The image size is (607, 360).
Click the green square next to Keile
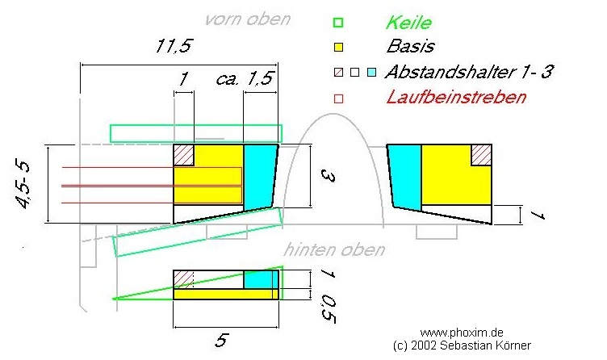click(x=339, y=23)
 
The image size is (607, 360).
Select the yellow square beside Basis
click(x=339, y=47)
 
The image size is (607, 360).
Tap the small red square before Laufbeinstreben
click(x=339, y=98)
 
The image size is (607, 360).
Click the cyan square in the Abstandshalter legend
click(x=371, y=73)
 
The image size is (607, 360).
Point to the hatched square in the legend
click(x=339, y=73)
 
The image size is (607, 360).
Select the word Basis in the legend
click(x=410, y=46)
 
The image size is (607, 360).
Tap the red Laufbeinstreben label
click(x=456, y=97)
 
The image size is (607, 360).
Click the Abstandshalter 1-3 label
click(x=468, y=72)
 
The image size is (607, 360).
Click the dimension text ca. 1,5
click(x=245, y=79)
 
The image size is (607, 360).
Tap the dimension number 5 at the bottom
click(x=220, y=340)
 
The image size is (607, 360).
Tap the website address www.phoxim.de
click(x=463, y=332)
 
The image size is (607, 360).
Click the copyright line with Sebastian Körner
click(x=463, y=345)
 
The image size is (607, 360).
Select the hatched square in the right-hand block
click(x=482, y=154)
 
